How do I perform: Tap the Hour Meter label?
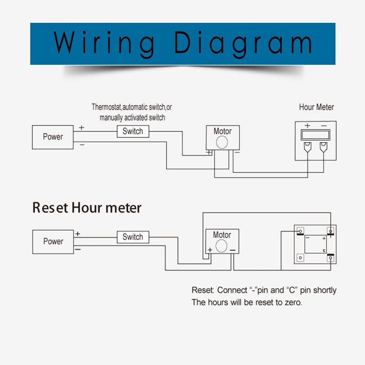316,107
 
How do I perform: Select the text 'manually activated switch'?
132,118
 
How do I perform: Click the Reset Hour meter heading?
87,208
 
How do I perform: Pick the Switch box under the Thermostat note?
133,131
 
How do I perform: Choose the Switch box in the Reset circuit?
133,237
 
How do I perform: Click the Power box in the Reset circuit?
53,241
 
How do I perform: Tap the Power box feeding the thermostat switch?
53,136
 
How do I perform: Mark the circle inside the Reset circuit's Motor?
222,247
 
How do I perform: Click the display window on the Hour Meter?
316,135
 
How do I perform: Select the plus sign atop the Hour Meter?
308,126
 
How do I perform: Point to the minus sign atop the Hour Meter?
323,126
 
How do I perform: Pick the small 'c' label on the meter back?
323,251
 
